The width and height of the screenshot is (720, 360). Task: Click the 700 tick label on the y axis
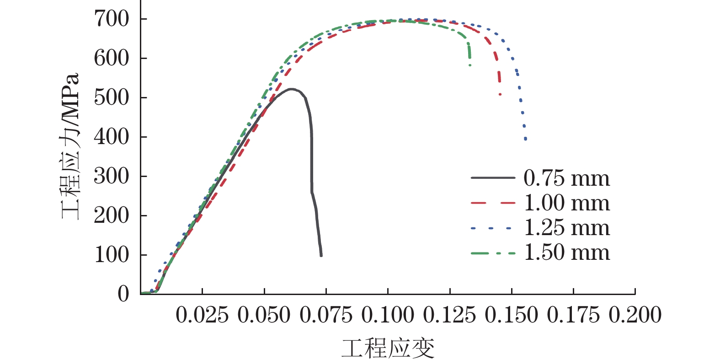[112, 19]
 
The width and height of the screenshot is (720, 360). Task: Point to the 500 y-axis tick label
[112, 97]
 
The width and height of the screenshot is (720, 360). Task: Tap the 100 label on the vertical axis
[112, 255]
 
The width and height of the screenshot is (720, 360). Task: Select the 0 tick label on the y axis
[123, 294]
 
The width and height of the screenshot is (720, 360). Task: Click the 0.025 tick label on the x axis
[202, 316]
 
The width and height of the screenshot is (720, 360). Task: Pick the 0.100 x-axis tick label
[388, 316]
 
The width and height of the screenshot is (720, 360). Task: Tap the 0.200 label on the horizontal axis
[635, 316]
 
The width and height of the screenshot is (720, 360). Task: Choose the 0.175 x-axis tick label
[573, 316]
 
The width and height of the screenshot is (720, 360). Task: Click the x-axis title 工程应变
[388, 349]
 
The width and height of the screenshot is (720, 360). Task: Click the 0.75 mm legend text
[566, 178]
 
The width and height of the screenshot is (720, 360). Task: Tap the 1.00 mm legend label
[566, 203]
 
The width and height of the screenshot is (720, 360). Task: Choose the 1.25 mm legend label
[566, 228]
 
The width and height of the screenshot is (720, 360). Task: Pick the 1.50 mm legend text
[566, 253]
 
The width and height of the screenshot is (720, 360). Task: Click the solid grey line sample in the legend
[493, 177]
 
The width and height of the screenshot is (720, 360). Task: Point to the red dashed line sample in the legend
[493, 202]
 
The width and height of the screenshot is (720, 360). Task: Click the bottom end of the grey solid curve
[321, 255]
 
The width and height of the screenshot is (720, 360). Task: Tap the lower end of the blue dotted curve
[526, 139]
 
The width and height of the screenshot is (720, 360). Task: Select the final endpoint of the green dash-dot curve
[470, 65]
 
